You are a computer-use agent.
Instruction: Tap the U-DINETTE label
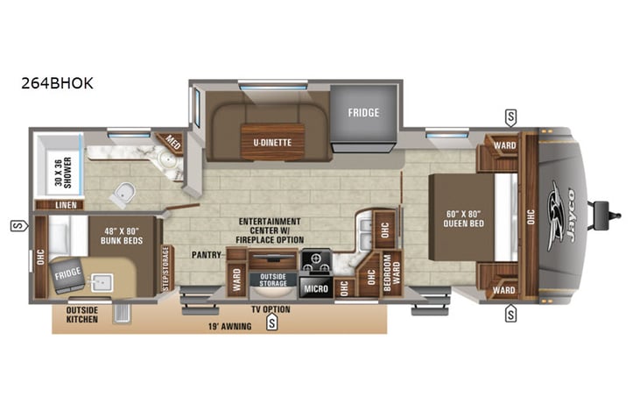pos(268,140)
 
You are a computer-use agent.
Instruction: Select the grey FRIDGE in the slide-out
pos(362,113)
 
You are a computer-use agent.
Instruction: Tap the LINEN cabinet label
pos(65,204)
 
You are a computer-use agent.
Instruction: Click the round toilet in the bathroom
pos(125,193)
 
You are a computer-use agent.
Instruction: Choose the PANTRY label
pos(208,255)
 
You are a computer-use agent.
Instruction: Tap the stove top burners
pos(314,261)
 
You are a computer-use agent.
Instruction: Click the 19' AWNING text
pos(228,326)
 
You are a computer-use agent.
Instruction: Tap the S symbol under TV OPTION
pos(271,322)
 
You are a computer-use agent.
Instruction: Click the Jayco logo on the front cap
pos(559,210)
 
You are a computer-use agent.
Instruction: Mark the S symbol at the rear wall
pos(16,226)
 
